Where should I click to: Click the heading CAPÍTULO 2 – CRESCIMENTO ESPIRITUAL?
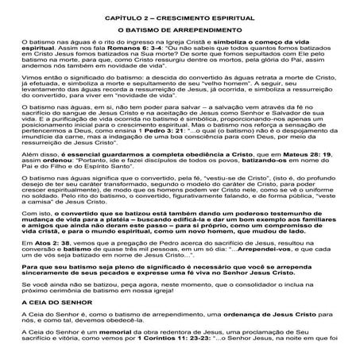[x=179, y=17]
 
